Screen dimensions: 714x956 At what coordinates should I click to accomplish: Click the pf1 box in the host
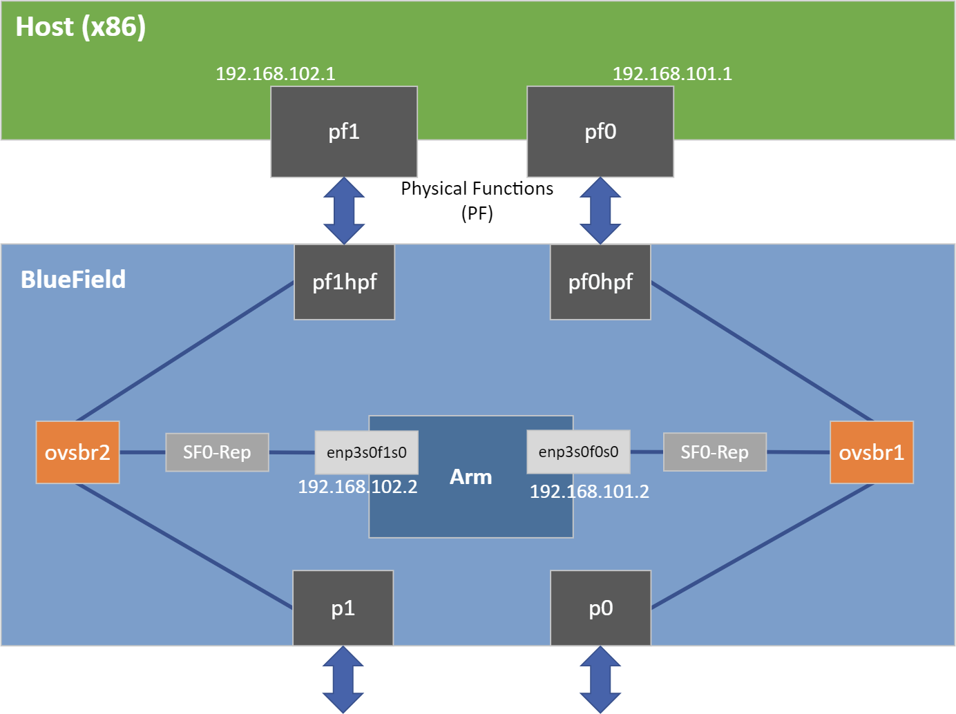point(344,131)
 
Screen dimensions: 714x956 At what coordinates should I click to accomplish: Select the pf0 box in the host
point(600,131)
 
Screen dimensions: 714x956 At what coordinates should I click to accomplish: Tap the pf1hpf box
point(345,282)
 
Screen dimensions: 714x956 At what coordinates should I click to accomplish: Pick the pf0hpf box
point(600,282)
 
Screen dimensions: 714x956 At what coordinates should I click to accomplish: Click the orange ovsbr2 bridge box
point(77,452)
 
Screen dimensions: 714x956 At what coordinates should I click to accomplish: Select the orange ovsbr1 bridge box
point(871,452)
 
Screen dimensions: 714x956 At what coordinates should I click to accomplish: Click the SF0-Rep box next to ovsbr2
point(217,452)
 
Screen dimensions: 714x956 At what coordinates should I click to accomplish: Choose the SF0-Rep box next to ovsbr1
point(714,452)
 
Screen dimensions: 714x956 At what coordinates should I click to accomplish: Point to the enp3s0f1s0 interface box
point(366,452)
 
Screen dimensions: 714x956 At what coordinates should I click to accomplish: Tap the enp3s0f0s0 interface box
point(578,452)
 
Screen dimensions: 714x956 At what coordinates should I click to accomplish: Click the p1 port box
point(343,608)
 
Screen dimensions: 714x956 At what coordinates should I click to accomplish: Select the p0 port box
point(600,608)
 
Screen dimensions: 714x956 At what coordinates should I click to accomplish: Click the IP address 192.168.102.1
point(276,74)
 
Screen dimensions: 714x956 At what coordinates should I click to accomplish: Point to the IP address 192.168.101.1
point(672,74)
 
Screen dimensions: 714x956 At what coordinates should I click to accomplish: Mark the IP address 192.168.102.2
point(358,487)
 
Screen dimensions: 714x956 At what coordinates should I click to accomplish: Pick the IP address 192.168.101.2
point(589,492)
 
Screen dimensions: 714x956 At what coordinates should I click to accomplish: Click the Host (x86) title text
point(81,27)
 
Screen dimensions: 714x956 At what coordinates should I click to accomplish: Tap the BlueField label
point(73,280)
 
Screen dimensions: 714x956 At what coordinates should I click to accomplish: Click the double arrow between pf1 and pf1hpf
point(344,211)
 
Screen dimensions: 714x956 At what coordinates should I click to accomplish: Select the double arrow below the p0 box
point(600,679)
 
